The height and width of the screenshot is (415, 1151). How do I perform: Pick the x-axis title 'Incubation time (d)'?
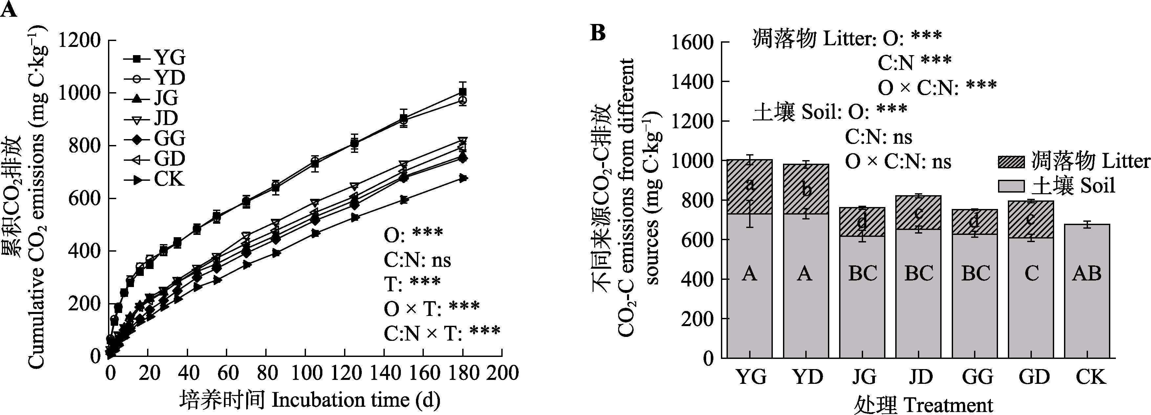click(356, 400)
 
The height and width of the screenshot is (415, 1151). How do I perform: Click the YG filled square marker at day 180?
click(463, 93)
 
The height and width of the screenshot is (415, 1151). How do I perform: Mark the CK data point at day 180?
click(463, 178)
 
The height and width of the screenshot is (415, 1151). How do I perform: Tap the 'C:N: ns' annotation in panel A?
click(417, 260)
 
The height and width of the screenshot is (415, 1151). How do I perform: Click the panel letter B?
click(598, 32)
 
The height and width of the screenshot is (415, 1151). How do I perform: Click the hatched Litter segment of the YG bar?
click(749, 187)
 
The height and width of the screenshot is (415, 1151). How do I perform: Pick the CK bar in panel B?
click(1087, 290)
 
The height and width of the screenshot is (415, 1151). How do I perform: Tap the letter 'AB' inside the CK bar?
click(1087, 273)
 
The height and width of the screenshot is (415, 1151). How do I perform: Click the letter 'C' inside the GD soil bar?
click(1031, 273)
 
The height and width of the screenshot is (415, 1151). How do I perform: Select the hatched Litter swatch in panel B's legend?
click(1011, 162)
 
